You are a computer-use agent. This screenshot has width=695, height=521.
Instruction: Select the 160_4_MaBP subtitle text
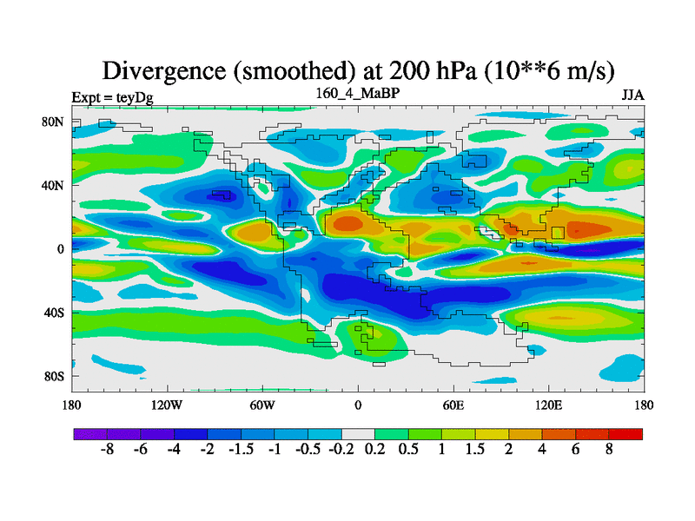(358, 92)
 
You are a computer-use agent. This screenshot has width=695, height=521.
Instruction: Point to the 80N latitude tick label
(54, 122)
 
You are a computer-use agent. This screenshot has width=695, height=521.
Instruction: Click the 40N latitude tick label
(54, 185)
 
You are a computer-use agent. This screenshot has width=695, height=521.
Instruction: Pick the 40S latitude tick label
(54, 313)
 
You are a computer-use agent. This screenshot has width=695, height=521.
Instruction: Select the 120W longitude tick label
(166, 405)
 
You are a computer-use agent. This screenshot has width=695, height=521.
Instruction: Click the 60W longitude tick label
(261, 405)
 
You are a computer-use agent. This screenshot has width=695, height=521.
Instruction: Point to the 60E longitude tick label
(453, 405)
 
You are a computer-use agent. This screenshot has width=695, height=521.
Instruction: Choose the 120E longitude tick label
(548, 405)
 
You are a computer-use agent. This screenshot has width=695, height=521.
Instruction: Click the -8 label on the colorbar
(107, 450)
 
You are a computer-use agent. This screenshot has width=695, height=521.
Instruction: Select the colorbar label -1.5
(241, 450)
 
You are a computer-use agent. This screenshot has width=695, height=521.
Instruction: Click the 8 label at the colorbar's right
(609, 450)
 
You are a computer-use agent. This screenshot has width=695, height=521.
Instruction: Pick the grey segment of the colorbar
(358, 433)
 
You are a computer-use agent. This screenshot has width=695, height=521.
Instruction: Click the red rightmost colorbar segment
(625, 433)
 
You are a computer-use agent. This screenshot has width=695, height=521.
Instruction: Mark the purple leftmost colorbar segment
(89, 433)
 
